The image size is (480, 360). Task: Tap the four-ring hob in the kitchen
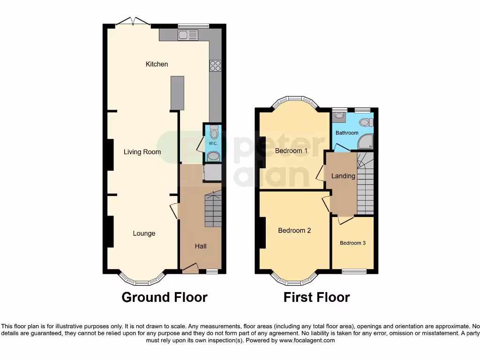click(x=215, y=66)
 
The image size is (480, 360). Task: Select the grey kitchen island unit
click(x=177, y=93)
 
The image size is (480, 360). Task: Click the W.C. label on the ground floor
click(x=212, y=143)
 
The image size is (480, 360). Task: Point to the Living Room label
click(x=142, y=152)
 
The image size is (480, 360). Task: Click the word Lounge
click(x=144, y=233)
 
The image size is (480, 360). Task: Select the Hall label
click(x=201, y=246)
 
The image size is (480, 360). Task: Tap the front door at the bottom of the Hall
click(x=190, y=269)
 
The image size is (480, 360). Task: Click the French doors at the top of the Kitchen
click(x=133, y=22)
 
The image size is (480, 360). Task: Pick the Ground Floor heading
click(x=164, y=297)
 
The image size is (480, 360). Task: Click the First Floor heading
click(x=316, y=297)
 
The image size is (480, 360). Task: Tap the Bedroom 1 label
click(x=291, y=151)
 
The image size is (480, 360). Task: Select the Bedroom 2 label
click(x=294, y=231)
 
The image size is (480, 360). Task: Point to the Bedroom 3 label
click(x=352, y=243)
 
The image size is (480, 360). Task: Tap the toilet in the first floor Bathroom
click(x=366, y=122)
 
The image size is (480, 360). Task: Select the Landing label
click(x=343, y=176)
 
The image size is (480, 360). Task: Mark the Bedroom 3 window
click(x=354, y=270)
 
